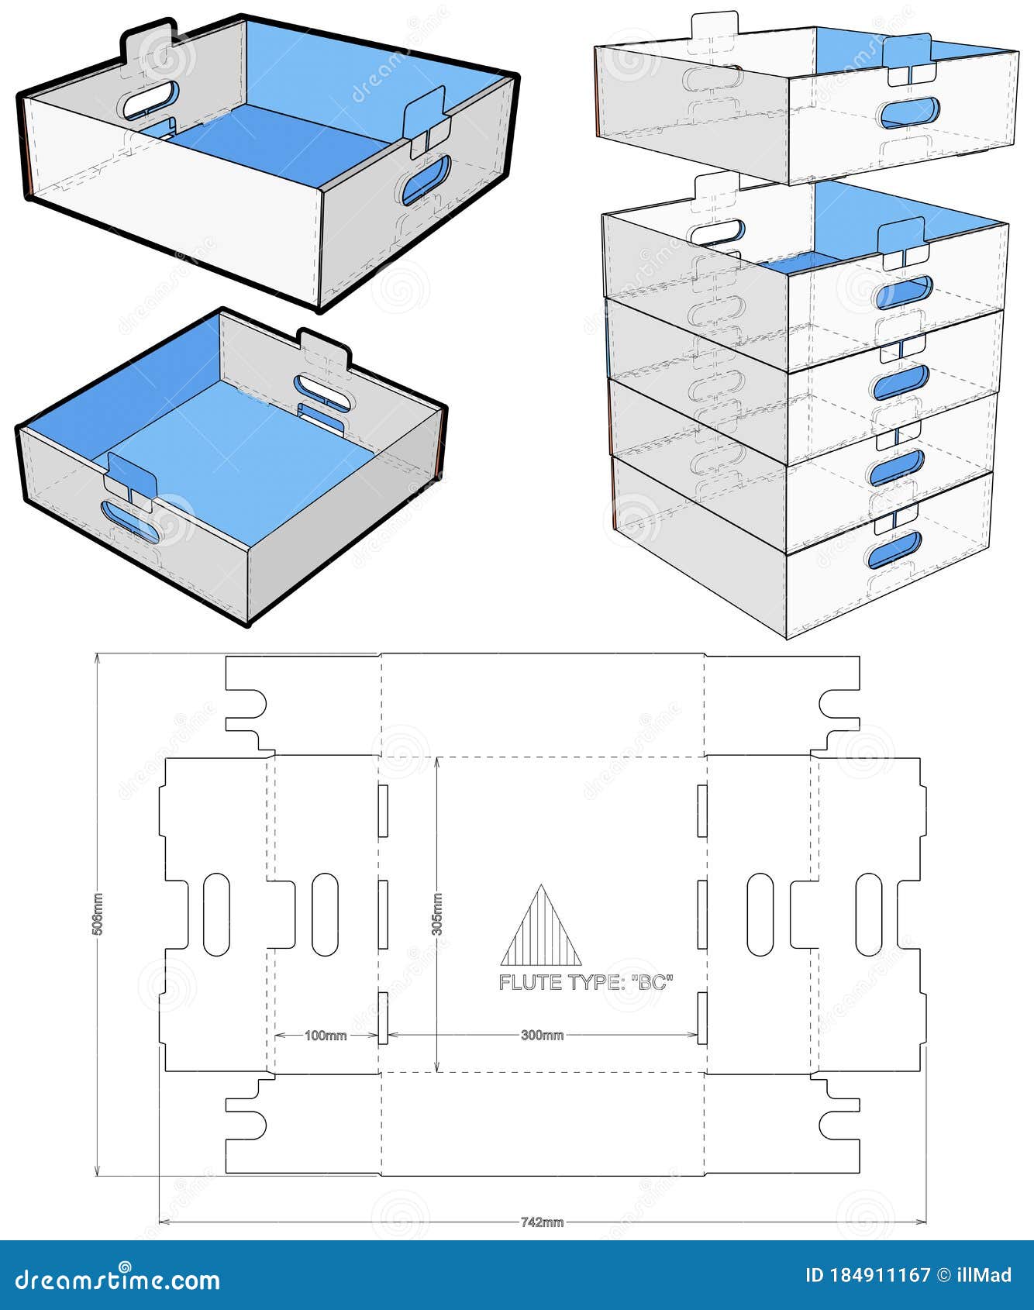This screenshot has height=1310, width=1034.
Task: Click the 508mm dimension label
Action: pos(98,914)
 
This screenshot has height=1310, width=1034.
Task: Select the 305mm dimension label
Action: pos(437,914)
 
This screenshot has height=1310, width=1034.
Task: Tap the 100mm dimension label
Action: pos(326,1035)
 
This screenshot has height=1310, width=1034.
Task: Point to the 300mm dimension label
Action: pos(542,1035)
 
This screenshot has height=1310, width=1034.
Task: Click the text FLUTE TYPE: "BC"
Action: pos(586,982)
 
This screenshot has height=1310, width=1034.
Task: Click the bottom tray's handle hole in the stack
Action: pos(895,550)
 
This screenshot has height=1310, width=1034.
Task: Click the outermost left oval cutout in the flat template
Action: pos(216,915)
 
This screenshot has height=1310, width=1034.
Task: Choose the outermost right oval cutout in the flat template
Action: pos(870,915)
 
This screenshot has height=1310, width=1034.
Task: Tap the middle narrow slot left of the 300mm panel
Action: pos(383,915)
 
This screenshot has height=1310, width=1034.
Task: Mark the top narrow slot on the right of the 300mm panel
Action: pos(701,810)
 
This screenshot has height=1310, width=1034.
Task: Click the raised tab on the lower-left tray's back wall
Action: pos(324,349)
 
